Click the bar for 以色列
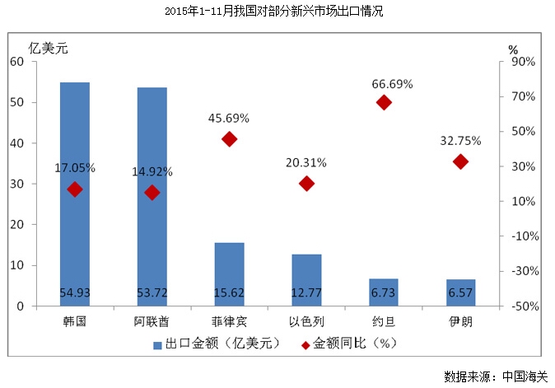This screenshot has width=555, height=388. pos(306,279)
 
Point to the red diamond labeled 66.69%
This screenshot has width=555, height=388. pos(384,102)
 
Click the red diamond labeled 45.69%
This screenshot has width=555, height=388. pos(230,139)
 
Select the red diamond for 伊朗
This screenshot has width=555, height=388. pos(460,161)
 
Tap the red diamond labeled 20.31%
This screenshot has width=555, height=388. pos(306,184)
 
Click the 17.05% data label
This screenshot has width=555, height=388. pos(75,168)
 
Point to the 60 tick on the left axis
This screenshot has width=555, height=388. pos(16,61)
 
